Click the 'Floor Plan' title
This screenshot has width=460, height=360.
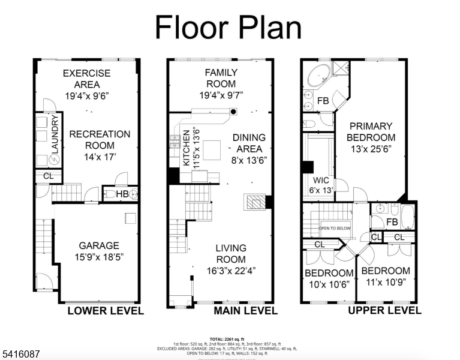229,28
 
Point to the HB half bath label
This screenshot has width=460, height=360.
122,194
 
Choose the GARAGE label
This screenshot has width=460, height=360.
99,245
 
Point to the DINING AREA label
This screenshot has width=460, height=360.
249,143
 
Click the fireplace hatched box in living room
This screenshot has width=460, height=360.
254,202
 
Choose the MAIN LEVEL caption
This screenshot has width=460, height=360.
245,310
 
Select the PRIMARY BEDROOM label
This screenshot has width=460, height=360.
371,131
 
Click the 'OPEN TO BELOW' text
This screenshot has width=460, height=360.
335,229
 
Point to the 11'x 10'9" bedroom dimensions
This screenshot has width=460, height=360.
386,283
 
